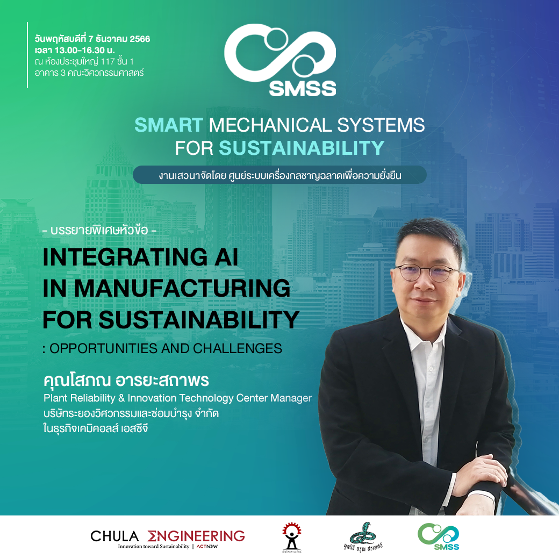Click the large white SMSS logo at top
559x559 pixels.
coord(280,60)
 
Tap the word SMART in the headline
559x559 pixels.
coord(169,125)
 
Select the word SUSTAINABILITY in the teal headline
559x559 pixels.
coord(302,148)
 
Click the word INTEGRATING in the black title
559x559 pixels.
coord(125,257)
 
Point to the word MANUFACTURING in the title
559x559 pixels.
coord(183,288)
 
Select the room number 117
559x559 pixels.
coord(107,61)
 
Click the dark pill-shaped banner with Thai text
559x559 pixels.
coord(280,175)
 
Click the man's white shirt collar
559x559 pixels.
coord(424,333)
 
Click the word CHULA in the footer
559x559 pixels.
coord(114,536)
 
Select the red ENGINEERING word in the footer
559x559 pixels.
coord(196,536)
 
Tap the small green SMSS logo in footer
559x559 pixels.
coord(438,536)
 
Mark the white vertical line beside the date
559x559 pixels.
coord(27,55)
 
